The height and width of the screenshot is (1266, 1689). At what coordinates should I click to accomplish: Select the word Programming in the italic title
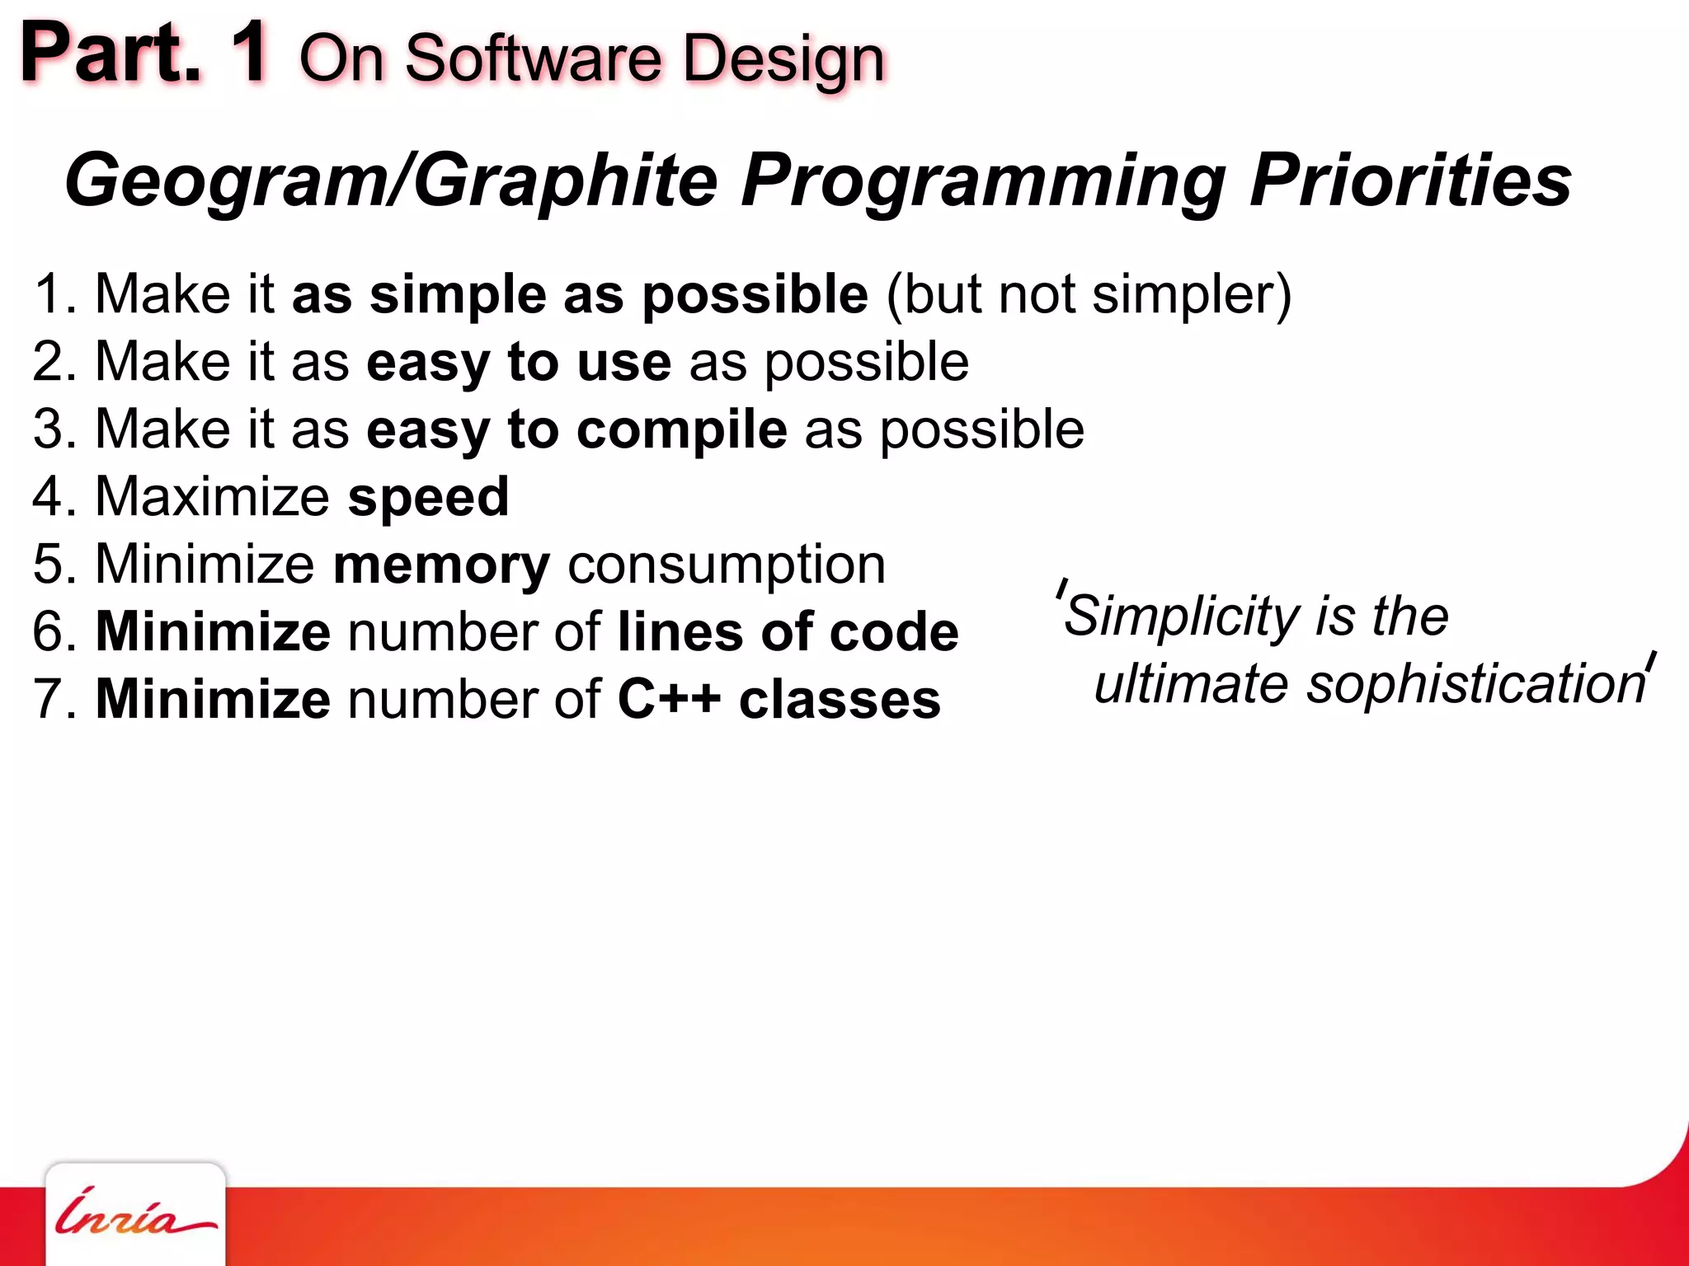pyautogui.click(x=982, y=181)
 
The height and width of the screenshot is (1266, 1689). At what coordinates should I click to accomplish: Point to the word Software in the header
pyautogui.click(x=533, y=59)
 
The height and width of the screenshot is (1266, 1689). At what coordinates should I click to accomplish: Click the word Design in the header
pyautogui.click(x=783, y=59)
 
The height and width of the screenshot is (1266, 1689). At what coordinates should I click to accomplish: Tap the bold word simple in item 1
pyautogui.click(x=458, y=294)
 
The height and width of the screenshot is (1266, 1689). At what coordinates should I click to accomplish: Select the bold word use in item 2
pyautogui.click(x=623, y=363)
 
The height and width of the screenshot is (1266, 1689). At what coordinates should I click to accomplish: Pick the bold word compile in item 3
pyautogui.click(x=681, y=430)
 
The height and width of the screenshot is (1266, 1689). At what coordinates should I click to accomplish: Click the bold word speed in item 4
pyautogui.click(x=428, y=497)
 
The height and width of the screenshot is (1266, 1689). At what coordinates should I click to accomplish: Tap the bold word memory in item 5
pyautogui.click(x=441, y=565)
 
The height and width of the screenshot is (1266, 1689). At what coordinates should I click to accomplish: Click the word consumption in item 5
pyautogui.click(x=727, y=565)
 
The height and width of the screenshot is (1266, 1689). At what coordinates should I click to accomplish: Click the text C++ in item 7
pyautogui.click(x=669, y=699)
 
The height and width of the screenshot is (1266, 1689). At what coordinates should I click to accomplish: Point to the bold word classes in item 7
pyautogui.click(x=840, y=699)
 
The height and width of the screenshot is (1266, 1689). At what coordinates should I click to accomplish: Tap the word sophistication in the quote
pyautogui.click(x=1476, y=684)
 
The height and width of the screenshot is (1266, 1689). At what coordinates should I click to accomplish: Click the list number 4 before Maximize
pyautogui.click(x=48, y=497)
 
